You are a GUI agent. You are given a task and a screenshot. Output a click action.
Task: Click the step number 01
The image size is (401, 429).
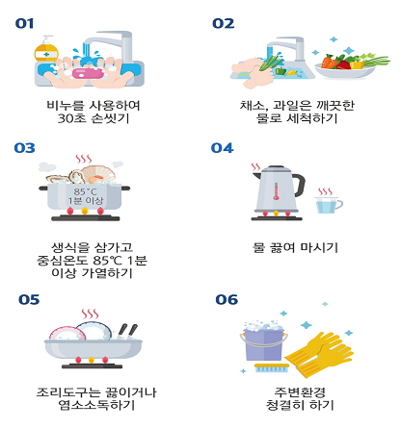[x=24, y=23]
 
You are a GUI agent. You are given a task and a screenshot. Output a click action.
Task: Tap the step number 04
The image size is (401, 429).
[x=222, y=148]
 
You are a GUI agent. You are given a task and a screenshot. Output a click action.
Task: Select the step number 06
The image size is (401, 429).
[x=227, y=299]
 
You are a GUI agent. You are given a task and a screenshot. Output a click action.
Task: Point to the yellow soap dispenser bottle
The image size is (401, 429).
[x=46, y=49]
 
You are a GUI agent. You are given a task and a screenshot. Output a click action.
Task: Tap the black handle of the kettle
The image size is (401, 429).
[x=299, y=186]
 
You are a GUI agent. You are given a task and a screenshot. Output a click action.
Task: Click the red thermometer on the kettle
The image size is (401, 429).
[x=276, y=191]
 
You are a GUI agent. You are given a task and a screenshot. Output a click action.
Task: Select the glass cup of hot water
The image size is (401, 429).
[x=329, y=205]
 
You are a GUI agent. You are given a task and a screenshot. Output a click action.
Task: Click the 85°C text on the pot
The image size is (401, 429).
[x=85, y=191]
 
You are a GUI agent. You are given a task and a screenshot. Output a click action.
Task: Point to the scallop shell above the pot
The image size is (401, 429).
[x=98, y=175]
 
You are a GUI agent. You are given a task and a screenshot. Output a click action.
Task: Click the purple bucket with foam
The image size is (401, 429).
[x=263, y=343]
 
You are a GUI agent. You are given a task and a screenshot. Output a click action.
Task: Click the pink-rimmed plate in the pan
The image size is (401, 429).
[x=67, y=334]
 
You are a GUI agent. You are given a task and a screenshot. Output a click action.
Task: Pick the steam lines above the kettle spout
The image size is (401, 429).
[x=256, y=167]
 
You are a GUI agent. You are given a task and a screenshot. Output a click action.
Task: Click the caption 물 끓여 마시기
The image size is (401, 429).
[x=295, y=247]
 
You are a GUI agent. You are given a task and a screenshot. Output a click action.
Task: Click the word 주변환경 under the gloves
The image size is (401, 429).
[x=300, y=392]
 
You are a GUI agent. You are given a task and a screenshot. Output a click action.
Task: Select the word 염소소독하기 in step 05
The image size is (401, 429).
[x=96, y=405]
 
